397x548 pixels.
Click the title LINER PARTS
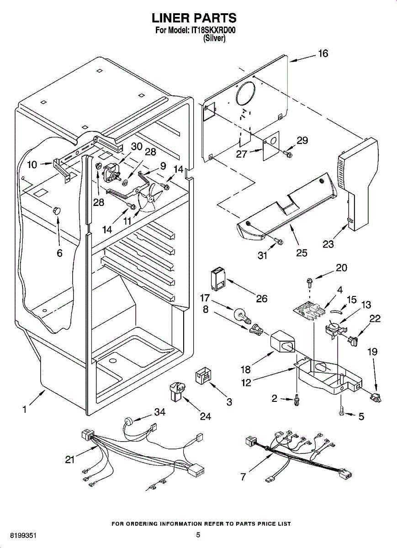point(194,18)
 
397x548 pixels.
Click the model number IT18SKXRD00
point(214,31)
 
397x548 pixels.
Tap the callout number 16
point(323,53)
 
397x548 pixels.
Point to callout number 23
point(328,244)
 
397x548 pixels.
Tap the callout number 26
point(261,299)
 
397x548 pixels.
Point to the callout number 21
point(69,460)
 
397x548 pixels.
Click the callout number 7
point(243,477)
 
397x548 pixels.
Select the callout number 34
point(159,413)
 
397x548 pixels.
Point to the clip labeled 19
point(376,398)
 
